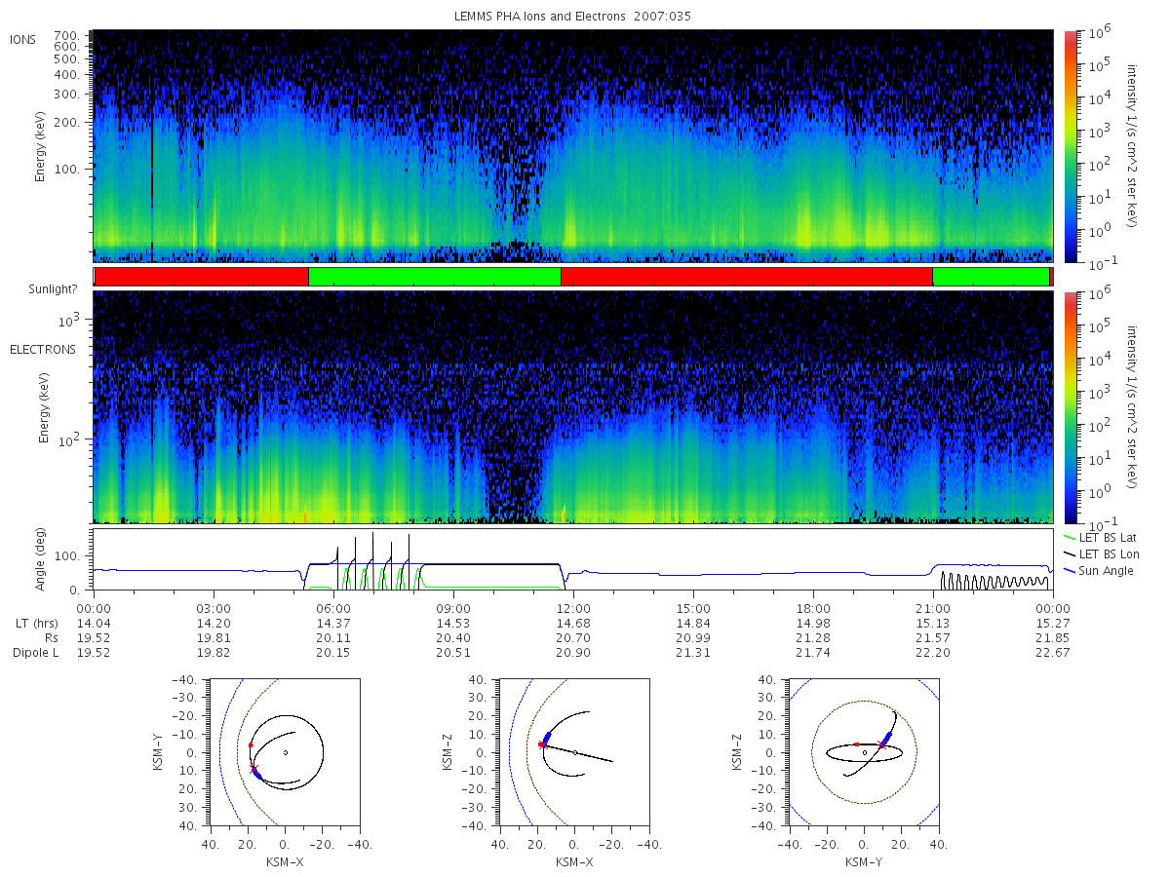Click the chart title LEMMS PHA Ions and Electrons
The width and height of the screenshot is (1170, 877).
pos(539,17)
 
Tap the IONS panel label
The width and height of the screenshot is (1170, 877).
pos(23,40)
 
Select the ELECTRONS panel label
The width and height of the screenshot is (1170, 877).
pos(43,350)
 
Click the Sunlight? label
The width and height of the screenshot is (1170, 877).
pos(53,289)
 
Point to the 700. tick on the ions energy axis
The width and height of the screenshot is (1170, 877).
pos(66,35)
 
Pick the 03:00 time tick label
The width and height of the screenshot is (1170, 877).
pos(214,609)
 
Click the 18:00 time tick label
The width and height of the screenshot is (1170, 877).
pos(813,609)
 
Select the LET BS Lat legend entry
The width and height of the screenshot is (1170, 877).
pos(1100,538)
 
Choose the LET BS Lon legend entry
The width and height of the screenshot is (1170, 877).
pos(1101,554)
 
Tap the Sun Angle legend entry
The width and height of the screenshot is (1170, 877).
pos(1098,571)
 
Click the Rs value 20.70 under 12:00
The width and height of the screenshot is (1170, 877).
pos(573,638)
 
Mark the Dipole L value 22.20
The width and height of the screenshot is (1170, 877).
pos(933,652)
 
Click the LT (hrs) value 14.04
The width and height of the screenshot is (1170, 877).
pos(94,624)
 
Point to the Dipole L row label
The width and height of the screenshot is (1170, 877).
pos(36,652)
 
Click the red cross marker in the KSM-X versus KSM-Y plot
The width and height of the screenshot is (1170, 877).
pos(254,770)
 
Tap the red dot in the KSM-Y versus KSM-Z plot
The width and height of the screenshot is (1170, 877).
pos(857,744)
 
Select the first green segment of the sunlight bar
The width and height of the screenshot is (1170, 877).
pos(435,277)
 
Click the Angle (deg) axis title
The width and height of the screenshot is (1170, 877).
pos(40,559)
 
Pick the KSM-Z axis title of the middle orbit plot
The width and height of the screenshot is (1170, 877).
pos(448,752)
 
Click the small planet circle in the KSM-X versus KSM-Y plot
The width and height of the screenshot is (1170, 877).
pos(286,752)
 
